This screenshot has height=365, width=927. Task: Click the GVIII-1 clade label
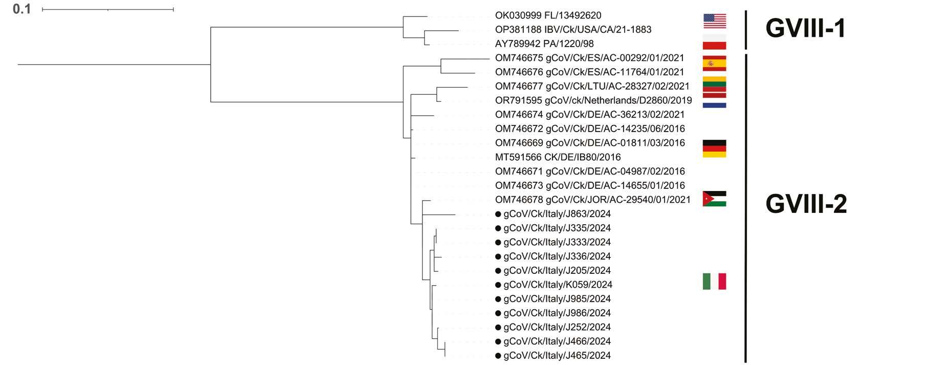pos(805,28)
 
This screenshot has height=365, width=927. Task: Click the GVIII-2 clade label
pos(806,204)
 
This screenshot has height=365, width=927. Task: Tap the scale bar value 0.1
pos(21,9)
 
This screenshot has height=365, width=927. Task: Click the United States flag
pos(714,21)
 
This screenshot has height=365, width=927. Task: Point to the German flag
pos(714,148)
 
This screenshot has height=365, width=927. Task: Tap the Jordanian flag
pos(714,199)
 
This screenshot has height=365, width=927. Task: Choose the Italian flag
pos(714,282)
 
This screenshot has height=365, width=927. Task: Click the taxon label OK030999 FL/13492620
pos(548,16)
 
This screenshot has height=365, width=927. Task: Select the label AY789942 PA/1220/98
pos(544,44)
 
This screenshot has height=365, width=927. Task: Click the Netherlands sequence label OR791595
pos(593,101)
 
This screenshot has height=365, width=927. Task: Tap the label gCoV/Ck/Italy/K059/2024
pos(558,285)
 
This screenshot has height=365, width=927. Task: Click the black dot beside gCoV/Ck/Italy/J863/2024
pos(498,214)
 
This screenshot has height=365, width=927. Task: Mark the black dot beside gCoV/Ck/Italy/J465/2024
pos(498,356)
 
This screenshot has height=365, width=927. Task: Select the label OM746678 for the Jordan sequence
pos(592,200)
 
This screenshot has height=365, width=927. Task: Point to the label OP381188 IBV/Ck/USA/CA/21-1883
pos(573,30)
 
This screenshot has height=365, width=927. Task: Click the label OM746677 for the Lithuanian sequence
pos(592,87)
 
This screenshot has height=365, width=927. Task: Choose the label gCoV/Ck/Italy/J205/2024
pos(557,270)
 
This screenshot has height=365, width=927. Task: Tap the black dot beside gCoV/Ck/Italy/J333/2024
pos(498,242)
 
